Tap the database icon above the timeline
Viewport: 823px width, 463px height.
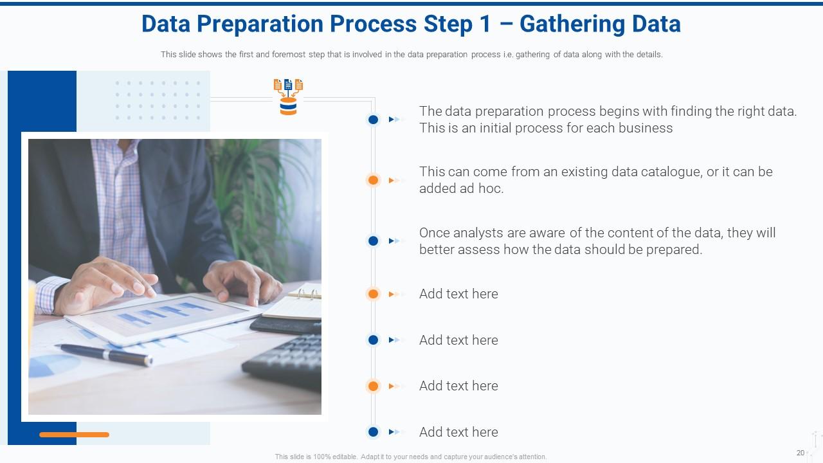coord(288,98)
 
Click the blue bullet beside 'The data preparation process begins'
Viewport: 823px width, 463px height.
coord(373,120)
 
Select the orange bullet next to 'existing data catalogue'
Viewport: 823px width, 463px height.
coord(373,180)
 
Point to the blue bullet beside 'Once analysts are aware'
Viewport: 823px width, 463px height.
coord(373,241)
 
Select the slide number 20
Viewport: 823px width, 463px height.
coord(800,453)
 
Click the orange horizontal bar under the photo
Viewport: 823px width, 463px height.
coord(74,435)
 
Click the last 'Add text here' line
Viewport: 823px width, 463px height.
coord(458,432)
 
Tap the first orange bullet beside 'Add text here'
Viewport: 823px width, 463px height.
coord(373,294)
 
